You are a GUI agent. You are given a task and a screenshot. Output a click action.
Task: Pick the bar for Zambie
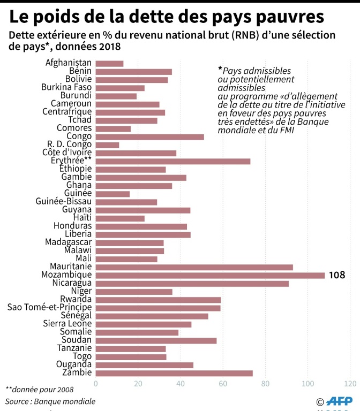tap(174, 373)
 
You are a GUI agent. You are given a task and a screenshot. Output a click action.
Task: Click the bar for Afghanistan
tap(109, 64)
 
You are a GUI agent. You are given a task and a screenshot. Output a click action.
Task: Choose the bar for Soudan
tap(156, 340)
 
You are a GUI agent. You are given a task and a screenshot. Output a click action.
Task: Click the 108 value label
tap(337, 276)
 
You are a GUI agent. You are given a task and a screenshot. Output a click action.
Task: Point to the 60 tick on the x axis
tap(223, 384)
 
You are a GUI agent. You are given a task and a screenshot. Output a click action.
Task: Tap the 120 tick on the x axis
tap(350, 384)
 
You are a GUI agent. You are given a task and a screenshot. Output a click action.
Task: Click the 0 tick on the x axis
tap(96, 384)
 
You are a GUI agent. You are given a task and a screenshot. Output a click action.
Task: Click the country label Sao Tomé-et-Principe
tap(49, 308)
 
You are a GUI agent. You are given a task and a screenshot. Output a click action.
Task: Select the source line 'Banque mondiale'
tap(67, 401)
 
